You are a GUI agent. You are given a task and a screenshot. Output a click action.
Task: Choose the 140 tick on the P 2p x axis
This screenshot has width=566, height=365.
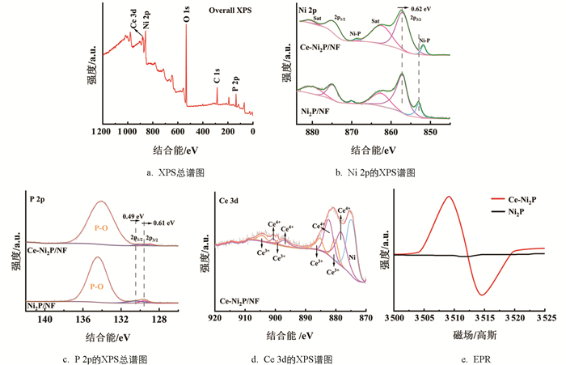coord(45,320)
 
